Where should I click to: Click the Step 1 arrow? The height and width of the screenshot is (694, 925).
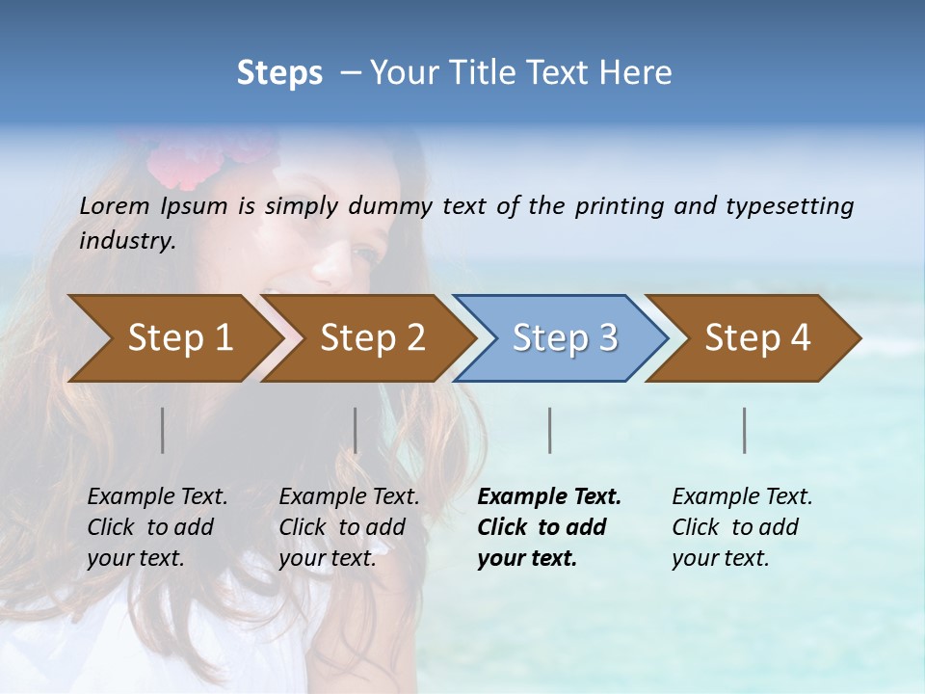click(x=173, y=338)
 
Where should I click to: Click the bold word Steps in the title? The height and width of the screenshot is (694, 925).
click(x=279, y=73)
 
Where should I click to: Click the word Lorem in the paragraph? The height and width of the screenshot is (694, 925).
click(x=115, y=205)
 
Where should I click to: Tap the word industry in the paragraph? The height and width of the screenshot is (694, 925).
click(x=126, y=240)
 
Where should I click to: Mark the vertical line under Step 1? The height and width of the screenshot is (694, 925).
click(x=163, y=430)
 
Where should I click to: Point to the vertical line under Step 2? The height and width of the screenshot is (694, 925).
click(x=356, y=430)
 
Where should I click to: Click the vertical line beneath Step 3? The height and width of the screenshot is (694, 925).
click(x=550, y=430)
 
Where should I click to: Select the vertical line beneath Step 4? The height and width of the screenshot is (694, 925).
click(x=745, y=430)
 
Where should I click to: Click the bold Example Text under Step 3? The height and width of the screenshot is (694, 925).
click(x=549, y=496)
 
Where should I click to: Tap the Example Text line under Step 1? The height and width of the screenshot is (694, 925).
click(x=157, y=496)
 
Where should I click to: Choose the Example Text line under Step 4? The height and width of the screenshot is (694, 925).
click(x=742, y=496)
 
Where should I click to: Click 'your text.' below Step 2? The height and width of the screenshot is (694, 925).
click(x=327, y=558)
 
